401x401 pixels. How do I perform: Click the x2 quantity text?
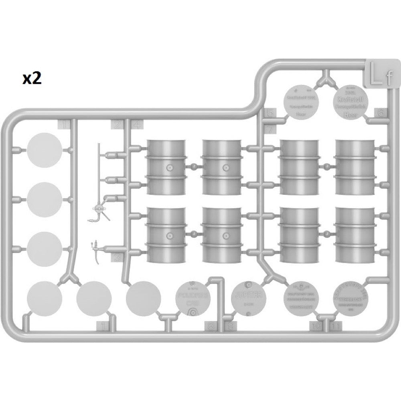coord(32,78)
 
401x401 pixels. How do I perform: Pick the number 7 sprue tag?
coord(270,129)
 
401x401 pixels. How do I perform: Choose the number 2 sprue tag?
coord(117,125)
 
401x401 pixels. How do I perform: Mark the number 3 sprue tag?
coord(117,257)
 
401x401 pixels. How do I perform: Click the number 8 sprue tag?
coord(211,326)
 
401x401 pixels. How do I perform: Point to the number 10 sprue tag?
coord(316,326)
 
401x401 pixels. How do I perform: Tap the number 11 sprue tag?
coord(335,326)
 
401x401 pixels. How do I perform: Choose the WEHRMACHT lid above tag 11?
coord(352,297)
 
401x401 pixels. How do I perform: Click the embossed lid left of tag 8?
coord(192,298)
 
